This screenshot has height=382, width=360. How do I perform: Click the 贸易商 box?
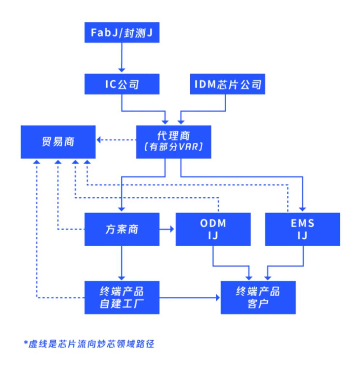coord(58,142)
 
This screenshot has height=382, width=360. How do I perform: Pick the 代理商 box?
coord(174,142)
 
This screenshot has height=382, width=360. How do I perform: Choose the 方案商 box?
coord(122,229)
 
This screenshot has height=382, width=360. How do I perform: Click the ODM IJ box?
coord(213,229)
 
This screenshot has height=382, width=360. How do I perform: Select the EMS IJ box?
coord(303,229)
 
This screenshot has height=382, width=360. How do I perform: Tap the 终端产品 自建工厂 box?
coord(122,297)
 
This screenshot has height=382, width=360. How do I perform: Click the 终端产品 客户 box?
coord(258,297)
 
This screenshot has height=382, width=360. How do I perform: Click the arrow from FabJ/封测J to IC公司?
coord(122,58)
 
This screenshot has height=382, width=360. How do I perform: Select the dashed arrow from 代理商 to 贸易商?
coord(116,139)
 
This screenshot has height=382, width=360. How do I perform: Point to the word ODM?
coord(213,223)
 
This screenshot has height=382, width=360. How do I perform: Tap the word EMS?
coord(303,223)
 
